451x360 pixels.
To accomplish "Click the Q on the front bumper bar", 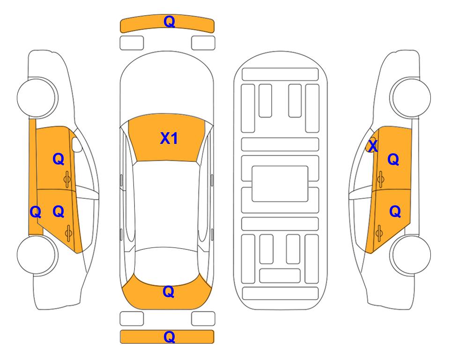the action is (x=169, y=22).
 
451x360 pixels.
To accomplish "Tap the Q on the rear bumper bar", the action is (x=169, y=337).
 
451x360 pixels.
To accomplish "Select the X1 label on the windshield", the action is (x=169, y=138).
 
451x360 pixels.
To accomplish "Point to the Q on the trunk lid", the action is (x=169, y=292).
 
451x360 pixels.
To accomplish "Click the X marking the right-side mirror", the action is (x=373, y=146).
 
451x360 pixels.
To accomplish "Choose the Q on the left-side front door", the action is (x=59, y=159).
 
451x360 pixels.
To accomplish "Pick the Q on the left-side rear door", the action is (x=59, y=212).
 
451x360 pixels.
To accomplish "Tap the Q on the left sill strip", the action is (x=36, y=212).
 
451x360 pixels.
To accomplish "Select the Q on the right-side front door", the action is (x=393, y=159).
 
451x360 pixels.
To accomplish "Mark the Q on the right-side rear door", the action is (x=395, y=212).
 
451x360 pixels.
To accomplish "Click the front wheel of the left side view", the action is (x=37, y=97).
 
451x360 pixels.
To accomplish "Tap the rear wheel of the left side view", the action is (x=37, y=255).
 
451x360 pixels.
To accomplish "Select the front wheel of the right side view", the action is (x=410, y=97).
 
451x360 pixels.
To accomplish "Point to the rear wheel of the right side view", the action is (x=410, y=255).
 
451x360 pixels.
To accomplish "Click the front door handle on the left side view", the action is (x=67, y=179).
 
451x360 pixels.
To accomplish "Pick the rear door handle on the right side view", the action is (x=379, y=233).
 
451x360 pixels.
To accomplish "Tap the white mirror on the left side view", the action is (x=77, y=144).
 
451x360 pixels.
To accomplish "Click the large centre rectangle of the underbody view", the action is (x=280, y=184).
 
